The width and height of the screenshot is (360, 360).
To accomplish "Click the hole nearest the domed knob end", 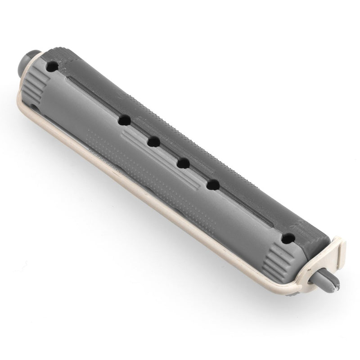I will pos(53,67).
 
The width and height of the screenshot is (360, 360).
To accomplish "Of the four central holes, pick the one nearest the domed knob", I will pos(124,121).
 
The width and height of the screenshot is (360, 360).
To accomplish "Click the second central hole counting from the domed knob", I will pos(153,142).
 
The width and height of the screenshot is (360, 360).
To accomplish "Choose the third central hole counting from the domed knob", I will pos(182,163).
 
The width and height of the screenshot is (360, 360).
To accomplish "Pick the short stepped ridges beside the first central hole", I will pos(101,135).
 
